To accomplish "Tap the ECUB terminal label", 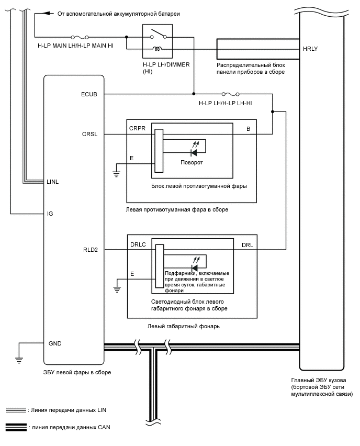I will (89, 94).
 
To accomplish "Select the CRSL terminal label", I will (89, 135).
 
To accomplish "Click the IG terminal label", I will (50, 214).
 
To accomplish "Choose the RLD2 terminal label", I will (89, 250).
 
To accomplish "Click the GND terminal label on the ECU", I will (55, 343).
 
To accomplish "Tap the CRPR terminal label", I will (137, 128).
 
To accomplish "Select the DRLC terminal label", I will (138, 245).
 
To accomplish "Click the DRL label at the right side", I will (248, 245).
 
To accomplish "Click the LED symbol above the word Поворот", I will (194, 152).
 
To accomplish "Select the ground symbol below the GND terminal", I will (19, 360).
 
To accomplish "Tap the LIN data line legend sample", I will (15, 410).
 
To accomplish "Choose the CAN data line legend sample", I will (15, 427).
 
